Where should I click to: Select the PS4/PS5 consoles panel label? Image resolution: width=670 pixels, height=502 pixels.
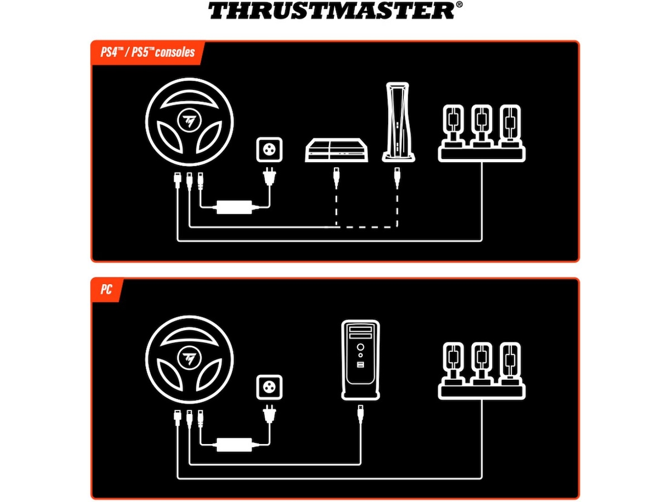[x=147, y=52]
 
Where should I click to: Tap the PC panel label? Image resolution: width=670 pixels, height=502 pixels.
[x=106, y=289]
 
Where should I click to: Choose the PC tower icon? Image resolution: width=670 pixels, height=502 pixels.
[x=361, y=360]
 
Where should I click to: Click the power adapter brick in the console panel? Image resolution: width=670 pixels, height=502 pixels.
[x=234, y=207]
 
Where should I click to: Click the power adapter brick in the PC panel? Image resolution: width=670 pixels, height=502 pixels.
[x=234, y=445]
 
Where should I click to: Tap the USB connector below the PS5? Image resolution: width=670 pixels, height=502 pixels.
[x=396, y=177]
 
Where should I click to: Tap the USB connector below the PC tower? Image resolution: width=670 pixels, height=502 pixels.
[x=361, y=414]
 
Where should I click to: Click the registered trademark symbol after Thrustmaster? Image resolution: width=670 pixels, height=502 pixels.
[x=459, y=4]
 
